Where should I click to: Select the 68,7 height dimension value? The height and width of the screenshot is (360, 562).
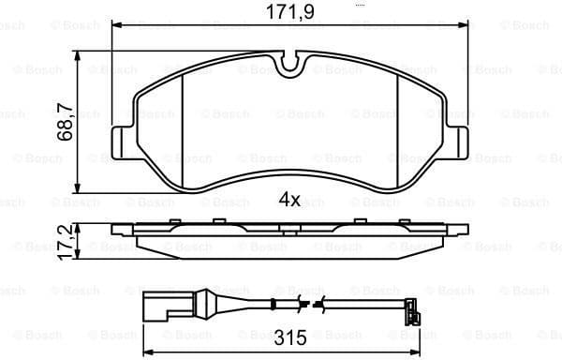point(66,122)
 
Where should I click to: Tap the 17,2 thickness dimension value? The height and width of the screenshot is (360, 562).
point(66,241)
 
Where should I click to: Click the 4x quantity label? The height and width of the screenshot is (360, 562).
point(289,199)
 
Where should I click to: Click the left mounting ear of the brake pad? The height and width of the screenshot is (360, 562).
point(123,143)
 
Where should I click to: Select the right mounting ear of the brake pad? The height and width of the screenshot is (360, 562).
point(459,143)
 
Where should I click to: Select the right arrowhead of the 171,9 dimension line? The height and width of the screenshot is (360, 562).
point(465,27)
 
